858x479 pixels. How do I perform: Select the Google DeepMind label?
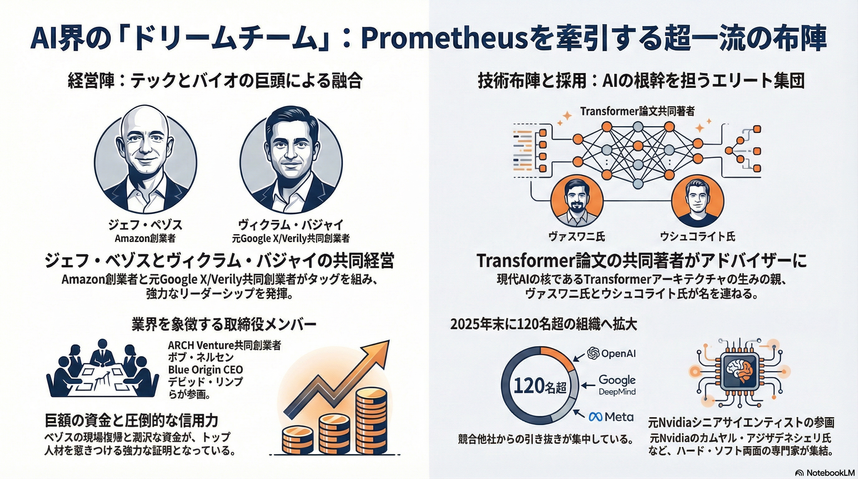(x=617, y=385)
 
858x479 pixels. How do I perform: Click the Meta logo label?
(x=611, y=417)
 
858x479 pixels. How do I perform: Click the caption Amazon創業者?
(x=145, y=239)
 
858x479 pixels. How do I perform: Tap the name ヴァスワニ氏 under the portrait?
(x=576, y=236)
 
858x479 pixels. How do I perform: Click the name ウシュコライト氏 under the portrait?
(x=697, y=236)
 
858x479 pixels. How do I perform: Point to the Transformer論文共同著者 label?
(x=637, y=111)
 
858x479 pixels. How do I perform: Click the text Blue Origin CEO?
(x=205, y=370)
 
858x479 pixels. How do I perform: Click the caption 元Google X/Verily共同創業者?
(x=291, y=239)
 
